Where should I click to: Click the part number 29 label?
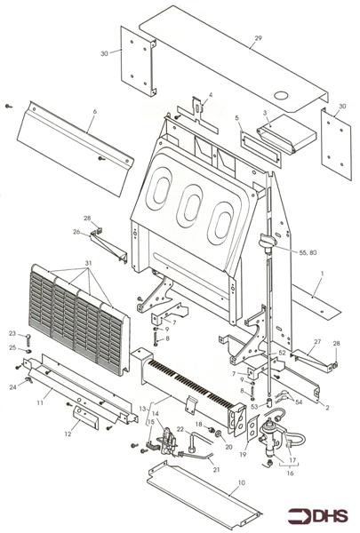[258, 39]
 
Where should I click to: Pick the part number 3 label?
[266, 113]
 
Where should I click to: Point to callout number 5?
[237, 117]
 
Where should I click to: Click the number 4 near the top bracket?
[210, 94]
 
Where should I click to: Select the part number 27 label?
[316, 341]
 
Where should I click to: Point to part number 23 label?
[12, 333]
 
